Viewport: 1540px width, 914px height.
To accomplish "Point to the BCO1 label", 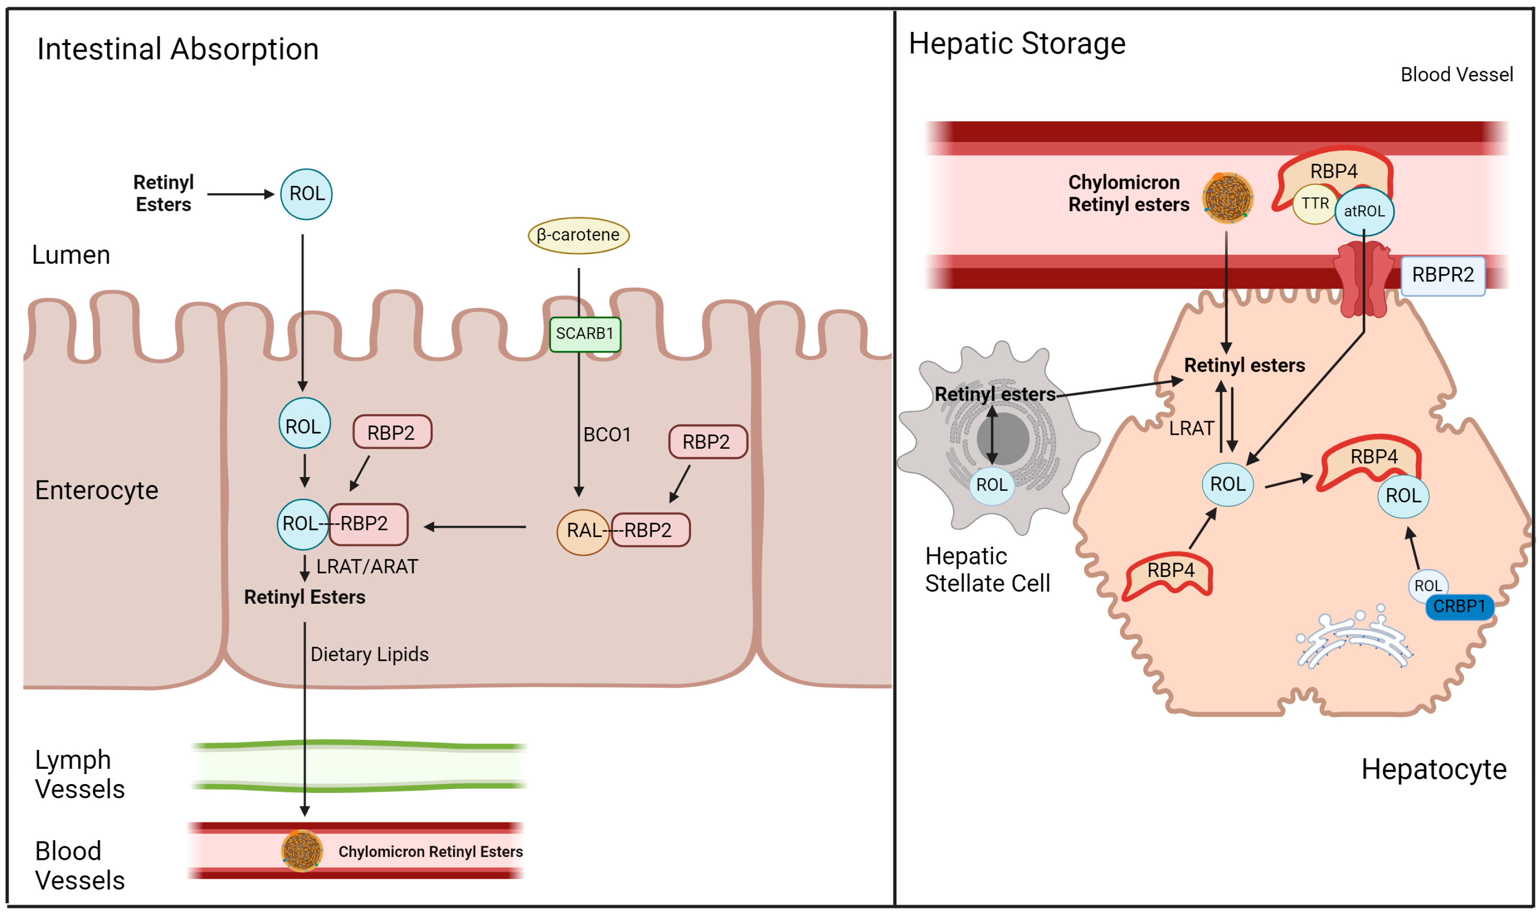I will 606,435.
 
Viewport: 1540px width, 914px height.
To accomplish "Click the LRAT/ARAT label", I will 367,567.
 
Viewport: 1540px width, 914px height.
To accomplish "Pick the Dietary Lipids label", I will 369,654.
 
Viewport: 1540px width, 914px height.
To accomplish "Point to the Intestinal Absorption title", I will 178,49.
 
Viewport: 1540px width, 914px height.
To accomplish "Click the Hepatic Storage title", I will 1016,44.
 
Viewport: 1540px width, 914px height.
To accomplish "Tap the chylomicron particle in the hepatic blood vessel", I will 1227,197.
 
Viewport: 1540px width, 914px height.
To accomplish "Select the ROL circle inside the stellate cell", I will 991,485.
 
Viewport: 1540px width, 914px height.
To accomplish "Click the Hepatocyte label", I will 1433,770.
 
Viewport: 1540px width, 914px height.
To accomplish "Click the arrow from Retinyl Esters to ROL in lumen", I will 239,194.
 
